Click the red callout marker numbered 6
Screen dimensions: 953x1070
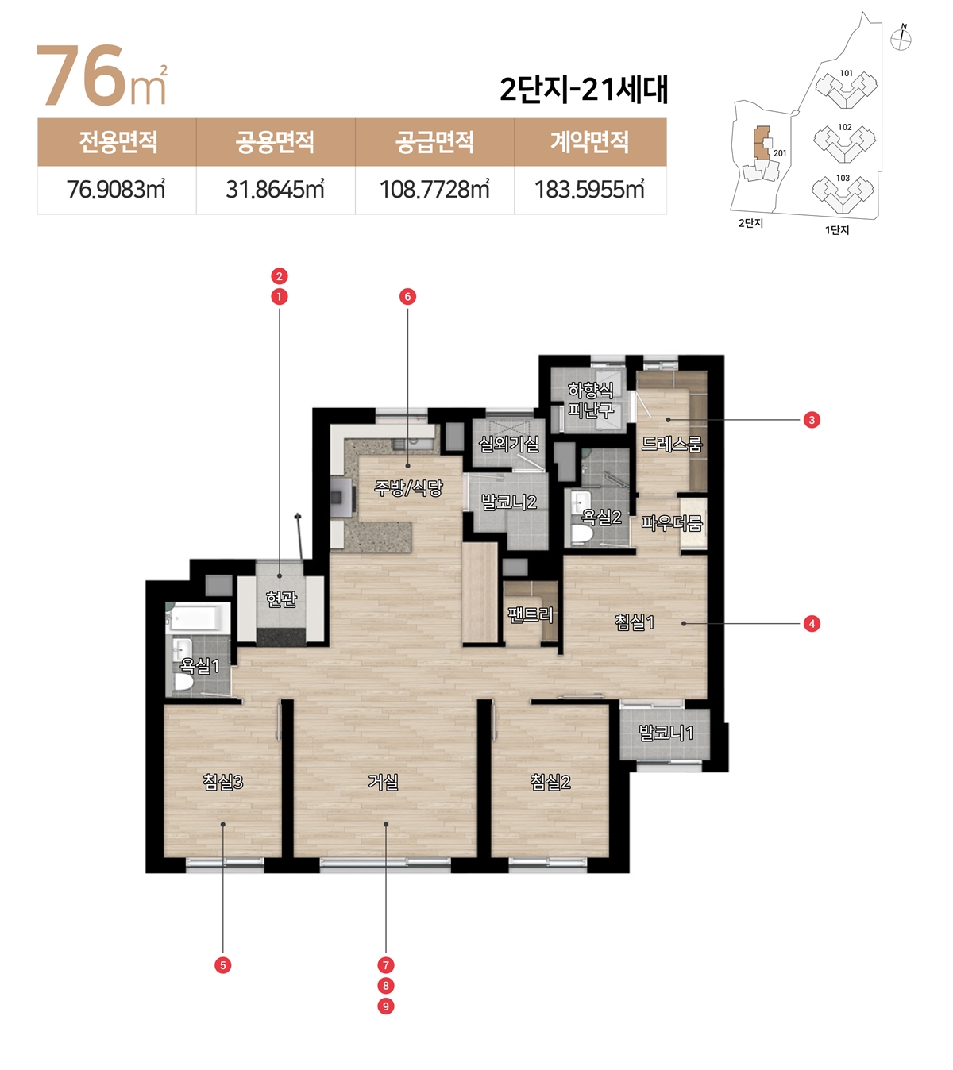407,297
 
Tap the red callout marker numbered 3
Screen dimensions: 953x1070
812,420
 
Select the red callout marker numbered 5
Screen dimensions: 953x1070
222,965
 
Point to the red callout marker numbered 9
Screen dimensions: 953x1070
385,1006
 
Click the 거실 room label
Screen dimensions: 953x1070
384,781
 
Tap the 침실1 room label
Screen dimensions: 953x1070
635,622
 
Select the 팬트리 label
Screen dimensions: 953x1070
531,614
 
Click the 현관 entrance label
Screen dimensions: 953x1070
281,599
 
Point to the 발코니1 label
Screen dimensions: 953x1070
666,733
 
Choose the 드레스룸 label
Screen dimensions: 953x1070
672,444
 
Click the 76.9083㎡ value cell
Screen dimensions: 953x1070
116,190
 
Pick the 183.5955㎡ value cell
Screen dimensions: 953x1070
590,190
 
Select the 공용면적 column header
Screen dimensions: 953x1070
276,141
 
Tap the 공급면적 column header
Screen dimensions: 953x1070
434,141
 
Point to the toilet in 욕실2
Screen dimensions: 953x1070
582,533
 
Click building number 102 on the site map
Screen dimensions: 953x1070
845,127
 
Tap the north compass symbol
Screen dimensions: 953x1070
901,38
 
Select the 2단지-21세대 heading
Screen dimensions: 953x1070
584,89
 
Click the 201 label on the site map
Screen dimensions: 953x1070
780,153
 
